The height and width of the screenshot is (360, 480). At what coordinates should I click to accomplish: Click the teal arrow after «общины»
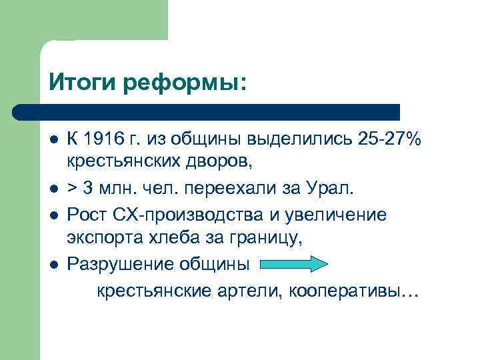tap(293, 263)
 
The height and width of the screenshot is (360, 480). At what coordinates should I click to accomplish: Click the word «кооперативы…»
tap(354, 292)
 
